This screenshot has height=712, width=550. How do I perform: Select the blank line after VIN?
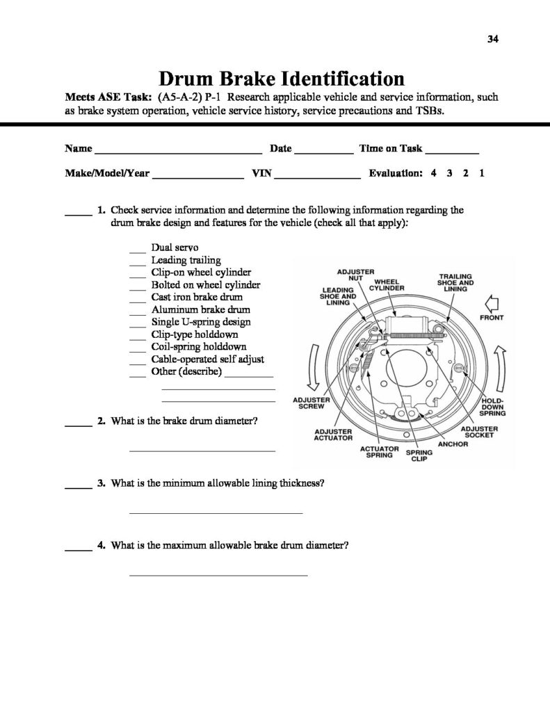(317, 177)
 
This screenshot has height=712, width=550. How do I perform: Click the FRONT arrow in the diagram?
(491, 303)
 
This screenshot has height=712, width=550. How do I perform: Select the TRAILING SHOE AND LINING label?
(455, 282)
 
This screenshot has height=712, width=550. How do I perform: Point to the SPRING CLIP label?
(419, 455)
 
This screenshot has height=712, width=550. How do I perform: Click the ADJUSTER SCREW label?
(310, 404)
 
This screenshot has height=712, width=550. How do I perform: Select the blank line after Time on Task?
(451, 150)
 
